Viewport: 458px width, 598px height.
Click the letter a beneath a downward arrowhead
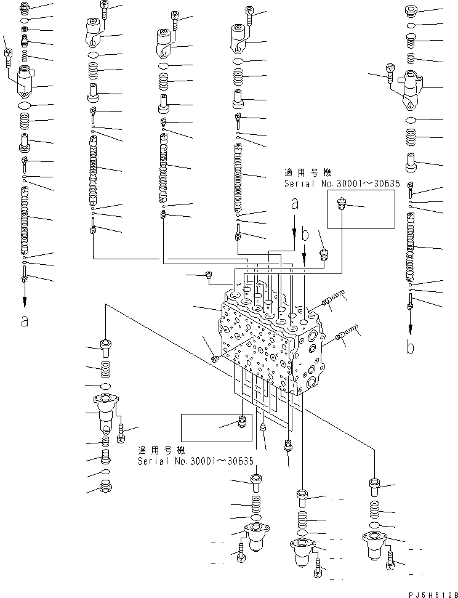24,320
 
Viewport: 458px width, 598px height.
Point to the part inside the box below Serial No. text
241,422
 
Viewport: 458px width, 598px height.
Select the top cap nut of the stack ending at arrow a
25,9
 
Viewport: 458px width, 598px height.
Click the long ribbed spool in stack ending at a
25,219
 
